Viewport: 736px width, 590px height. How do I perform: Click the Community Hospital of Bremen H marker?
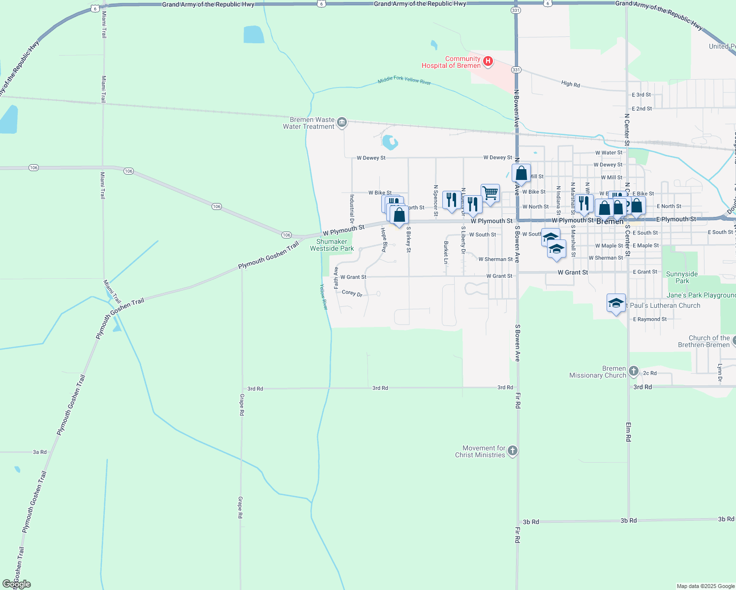tap(488, 61)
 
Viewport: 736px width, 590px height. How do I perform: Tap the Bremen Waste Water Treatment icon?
tap(342, 122)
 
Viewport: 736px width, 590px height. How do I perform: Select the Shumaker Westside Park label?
tap(332, 245)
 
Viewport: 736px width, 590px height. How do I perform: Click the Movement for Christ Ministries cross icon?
tap(512, 451)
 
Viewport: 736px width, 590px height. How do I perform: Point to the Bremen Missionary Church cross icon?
tap(634, 371)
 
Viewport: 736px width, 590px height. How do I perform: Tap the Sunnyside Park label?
tap(682, 277)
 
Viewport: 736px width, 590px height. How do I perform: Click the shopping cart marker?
tap(490, 193)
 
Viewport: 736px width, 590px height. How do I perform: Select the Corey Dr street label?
tap(352, 293)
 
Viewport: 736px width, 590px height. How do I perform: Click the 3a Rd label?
tap(40, 452)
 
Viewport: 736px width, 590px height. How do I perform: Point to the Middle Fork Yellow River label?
tap(404, 80)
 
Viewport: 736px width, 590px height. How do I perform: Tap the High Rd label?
tap(571, 84)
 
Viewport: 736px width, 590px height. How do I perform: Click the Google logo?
tap(17, 584)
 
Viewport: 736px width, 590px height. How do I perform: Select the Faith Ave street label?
tap(337, 278)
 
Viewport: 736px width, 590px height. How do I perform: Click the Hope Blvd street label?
tap(384, 240)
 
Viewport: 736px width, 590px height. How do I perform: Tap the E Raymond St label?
tap(650, 319)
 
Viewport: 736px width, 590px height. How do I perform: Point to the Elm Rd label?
tap(628, 432)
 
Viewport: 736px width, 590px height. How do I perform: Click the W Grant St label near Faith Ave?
tap(353, 277)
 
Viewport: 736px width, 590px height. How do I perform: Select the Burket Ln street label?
tap(446, 252)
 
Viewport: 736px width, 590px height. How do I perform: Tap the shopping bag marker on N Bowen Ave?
tap(521, 174)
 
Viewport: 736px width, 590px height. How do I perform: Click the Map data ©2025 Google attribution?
tap(705, 586)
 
